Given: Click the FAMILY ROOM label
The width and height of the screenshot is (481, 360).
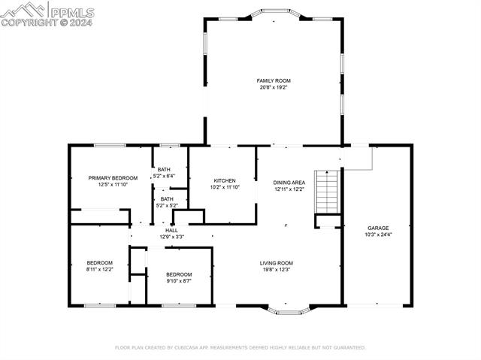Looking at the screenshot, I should point(274,80).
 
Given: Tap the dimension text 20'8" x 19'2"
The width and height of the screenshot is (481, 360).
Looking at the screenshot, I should point(274,87).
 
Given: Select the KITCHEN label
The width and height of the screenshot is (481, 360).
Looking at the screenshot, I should point(225,180).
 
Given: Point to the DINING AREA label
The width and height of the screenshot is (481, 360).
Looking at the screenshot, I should point(289,183).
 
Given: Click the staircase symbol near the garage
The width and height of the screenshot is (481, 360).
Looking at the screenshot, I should point(327,192).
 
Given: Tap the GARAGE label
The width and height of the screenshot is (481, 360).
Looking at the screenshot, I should point(378,228).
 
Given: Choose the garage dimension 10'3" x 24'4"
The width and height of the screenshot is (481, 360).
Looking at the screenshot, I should point(378,234).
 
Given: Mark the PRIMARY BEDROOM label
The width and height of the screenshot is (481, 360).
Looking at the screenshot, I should point(113,178).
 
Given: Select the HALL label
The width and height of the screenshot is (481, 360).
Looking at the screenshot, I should point(171,230).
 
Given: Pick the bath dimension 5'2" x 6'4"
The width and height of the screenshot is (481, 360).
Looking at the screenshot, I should point(164,176).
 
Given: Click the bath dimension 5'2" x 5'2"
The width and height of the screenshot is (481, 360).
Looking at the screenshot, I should point(166,205).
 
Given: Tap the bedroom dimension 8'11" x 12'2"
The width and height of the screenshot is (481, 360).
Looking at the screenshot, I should point(99,269).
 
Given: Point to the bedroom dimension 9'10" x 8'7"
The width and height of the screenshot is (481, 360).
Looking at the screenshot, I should point(179,280).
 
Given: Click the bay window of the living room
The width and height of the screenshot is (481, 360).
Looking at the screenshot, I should point(287,309).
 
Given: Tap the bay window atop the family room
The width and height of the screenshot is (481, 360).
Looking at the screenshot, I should point(275,12).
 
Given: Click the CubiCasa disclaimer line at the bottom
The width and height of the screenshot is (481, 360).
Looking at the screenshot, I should point(240,348).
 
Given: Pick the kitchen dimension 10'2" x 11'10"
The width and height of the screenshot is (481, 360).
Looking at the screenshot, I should point(225,187).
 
